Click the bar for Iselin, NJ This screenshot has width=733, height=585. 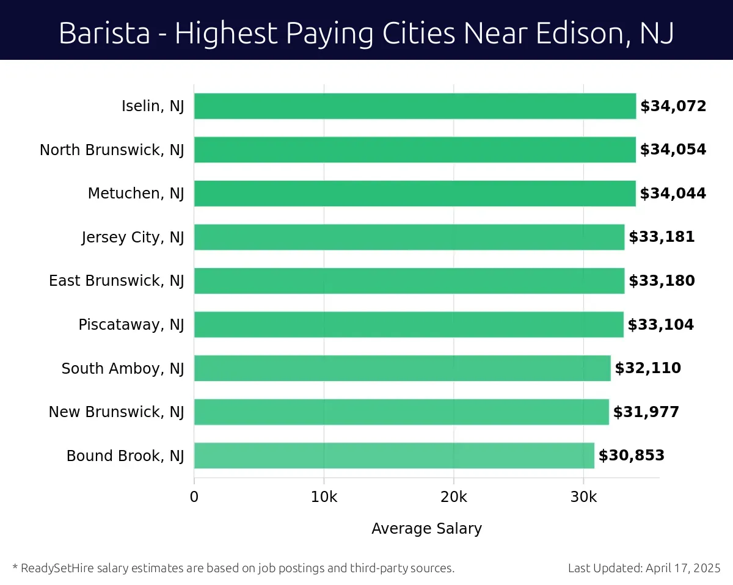coord(415,106)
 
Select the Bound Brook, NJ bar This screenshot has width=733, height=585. coord(394,456)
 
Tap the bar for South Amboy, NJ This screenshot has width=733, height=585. coord(402,368)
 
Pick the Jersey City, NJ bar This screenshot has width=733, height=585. coord(409,237)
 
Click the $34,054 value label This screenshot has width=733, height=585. coord(673,150)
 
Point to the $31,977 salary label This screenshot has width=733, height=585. coord(646,412)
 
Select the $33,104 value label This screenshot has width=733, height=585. coord(661,325)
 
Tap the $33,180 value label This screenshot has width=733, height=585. coord(662,281)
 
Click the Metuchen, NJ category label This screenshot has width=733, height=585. coord(136,194)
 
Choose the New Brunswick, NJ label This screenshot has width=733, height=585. coord(116,412)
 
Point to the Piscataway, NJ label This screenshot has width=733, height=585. coord(131,325)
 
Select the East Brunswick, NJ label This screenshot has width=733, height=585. coord(116,281)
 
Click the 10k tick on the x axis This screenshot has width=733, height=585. coord(324,497)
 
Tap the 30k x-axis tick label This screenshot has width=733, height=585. coord(583,497)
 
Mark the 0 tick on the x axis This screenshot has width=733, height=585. coord(194,497)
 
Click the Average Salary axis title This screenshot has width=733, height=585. coord(426,529)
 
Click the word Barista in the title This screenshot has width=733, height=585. coord(104,34)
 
